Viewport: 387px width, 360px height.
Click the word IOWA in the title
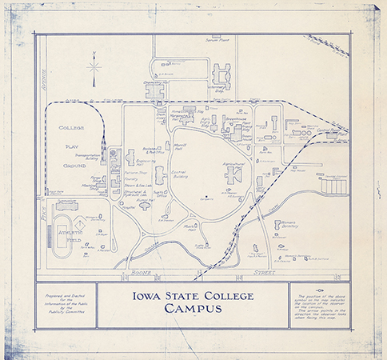pyautogui.click(x=147, y=296)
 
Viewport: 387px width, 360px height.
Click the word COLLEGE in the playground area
pyautogui.click(x=71, y=128)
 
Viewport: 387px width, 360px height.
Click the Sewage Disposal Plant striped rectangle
pyautogui.click(x=334, y=186)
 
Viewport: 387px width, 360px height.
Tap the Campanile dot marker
pyautogui.click(x=206, y=197)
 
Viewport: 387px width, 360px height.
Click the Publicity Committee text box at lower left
pyautogui.click(x=65, y=305)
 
